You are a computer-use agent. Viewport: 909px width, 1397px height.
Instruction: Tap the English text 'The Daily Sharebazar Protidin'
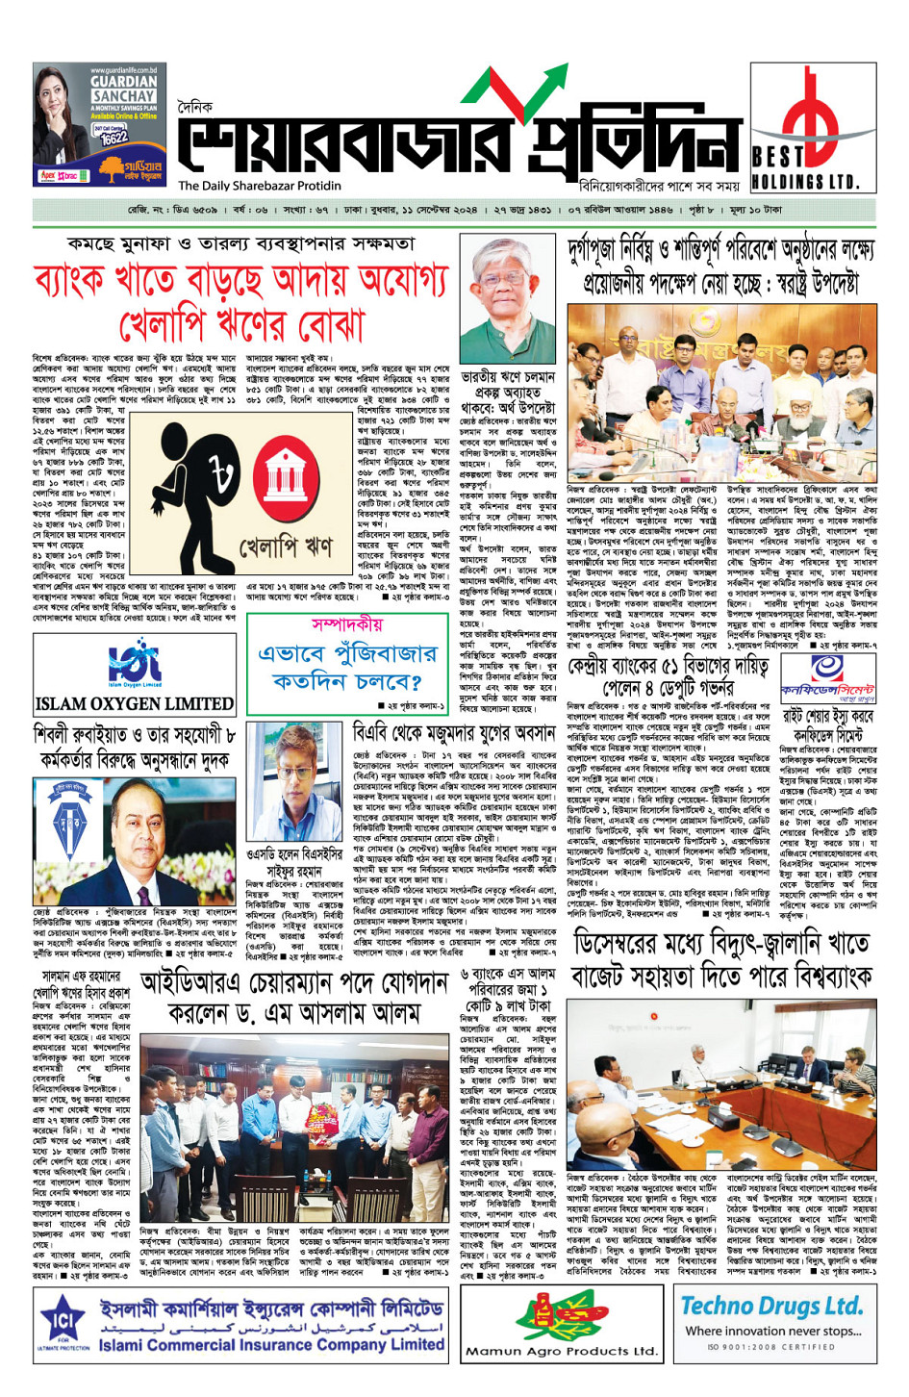coord(260,186)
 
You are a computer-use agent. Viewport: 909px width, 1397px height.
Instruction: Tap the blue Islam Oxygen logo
coord(134,663)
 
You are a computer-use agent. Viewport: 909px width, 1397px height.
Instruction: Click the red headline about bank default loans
coord(240,302)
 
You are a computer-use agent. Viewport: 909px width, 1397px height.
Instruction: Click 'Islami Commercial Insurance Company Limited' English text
coord(271,1345)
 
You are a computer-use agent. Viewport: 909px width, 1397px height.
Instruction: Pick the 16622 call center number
coord(113,138)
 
